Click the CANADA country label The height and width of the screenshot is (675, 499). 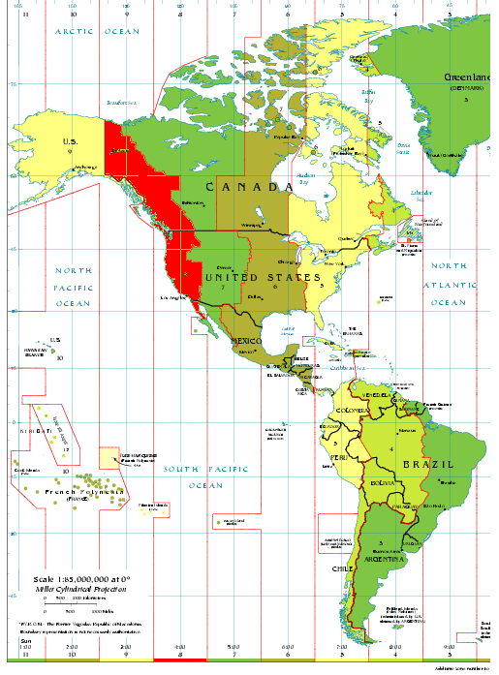pos(249,186)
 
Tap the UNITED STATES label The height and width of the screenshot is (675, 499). pos(262,278)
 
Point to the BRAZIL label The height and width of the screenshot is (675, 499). pos(428,464)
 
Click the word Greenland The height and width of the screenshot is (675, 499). pos(469,77)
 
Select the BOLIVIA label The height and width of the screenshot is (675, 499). pos(382,482)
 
